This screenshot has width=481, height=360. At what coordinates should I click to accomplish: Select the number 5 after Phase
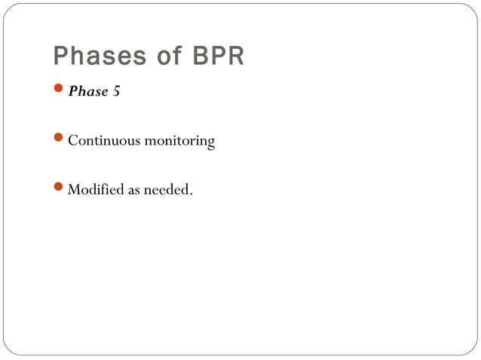tap(116, 92)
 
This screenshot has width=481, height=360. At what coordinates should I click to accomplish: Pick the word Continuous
tap(100, 141)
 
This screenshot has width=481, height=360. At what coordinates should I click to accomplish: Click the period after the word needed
tap(191, 194)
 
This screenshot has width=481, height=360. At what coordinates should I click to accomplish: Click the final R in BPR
tap(236, 56)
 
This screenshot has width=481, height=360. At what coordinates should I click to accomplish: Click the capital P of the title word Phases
tap(61, 56)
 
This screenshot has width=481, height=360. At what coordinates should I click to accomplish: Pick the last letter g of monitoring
tap(210, 143)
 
